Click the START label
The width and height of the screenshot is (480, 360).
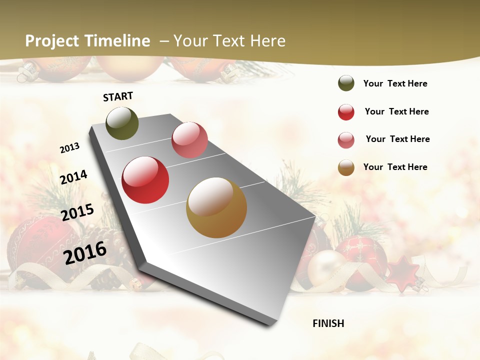[118, 96]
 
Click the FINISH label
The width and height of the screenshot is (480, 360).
[328, 323]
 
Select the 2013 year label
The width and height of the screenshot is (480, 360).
[69, 147]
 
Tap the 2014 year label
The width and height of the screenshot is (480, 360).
[73, 177]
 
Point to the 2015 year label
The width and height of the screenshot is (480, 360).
[77, 212]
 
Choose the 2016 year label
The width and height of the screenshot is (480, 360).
[85, 252]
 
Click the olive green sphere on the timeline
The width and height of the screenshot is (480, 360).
[122, 123]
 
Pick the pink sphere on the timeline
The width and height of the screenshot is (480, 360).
[189, 140]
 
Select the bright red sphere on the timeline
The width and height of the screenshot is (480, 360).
[145, 180]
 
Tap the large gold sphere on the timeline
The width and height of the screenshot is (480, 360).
[216, 207]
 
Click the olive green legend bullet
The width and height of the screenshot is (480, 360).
[346, 83]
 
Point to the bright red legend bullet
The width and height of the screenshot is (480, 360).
[346, 112]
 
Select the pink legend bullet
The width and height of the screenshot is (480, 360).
[346, 140]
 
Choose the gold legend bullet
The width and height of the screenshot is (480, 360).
[346, 167]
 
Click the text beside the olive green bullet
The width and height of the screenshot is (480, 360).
[395, 83]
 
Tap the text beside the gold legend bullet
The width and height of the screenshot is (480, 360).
[395, 167]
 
